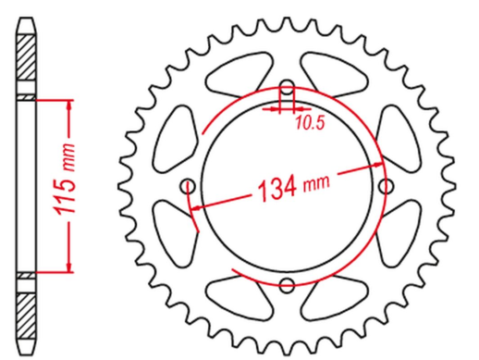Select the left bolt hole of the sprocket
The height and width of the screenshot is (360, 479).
tap(190, 183)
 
